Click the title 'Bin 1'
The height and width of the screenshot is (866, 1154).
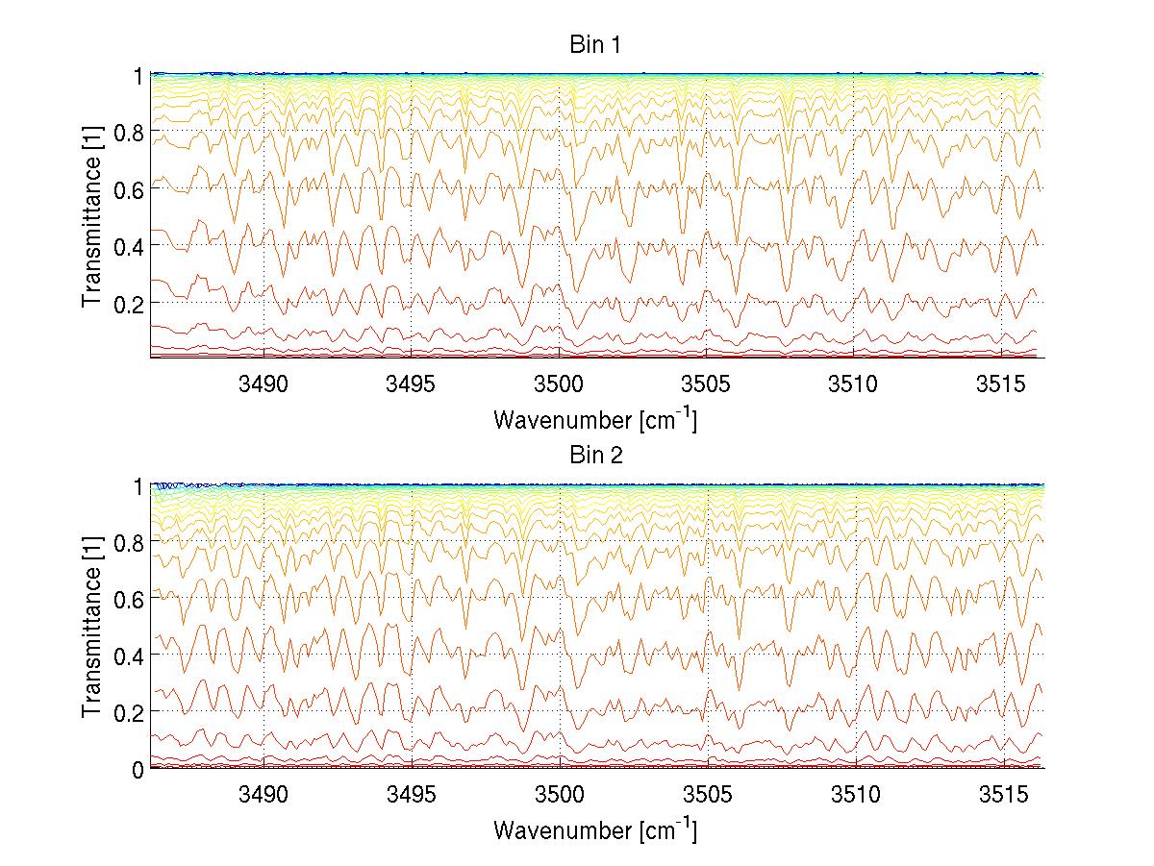(x=596, y=45)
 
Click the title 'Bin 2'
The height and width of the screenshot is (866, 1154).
(x=596, y=456)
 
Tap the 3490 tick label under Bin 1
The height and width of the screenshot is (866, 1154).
(x=263, y=385)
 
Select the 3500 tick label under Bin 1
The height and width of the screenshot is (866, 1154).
(x=559, y=385)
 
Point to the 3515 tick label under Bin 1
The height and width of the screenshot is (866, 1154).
(x=1002, y=385)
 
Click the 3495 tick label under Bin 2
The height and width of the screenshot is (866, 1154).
(x=412, y=796)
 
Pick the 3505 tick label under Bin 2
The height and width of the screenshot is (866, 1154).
(x=707, y=796)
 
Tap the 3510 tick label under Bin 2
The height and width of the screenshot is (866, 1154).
(x=854, y=796)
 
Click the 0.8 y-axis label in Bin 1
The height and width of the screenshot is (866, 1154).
(x=129, y=133)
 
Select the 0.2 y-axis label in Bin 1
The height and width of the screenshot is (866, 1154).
(x=129, y=303)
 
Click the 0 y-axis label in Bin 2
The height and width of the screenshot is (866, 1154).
(x=138, y=769)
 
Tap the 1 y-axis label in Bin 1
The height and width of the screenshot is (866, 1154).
(x=138, y=75)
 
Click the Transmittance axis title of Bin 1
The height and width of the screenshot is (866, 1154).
(x=92, y=216)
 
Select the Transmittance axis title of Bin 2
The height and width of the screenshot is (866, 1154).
(x=92, y=627)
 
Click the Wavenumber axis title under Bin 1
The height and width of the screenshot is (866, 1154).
(x=595, y=419)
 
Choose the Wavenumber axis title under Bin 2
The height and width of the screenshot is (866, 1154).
(x=595, y=829)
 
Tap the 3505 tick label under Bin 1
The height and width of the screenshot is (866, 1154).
(x=707, y=385)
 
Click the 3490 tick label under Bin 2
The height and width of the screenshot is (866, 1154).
(x=263, y=796)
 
